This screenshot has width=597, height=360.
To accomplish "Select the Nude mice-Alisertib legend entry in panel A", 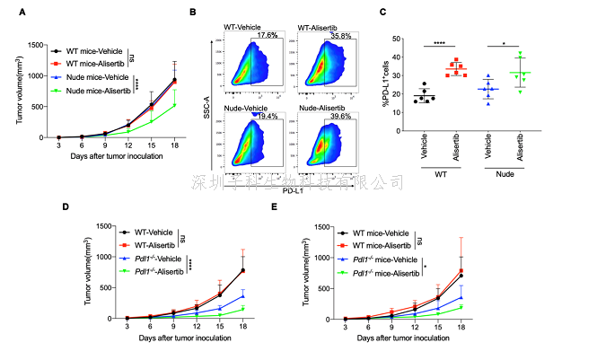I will click(x=91, y=91).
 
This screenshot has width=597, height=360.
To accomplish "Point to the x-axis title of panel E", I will click(x=404, y=341).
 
